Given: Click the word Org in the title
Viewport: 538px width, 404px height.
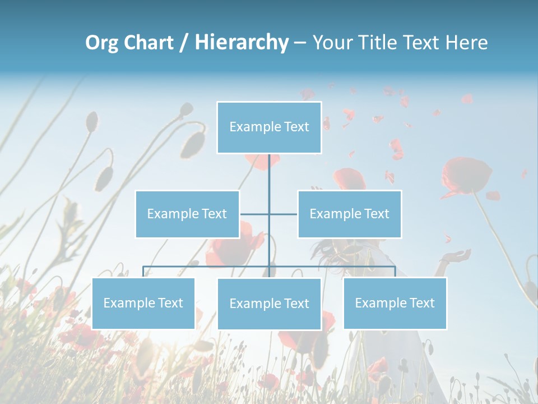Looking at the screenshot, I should (x=102, y=43).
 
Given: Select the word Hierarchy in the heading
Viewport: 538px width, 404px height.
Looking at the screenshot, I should (x=242, y=43).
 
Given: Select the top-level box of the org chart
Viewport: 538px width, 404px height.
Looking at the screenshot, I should (x=269, y=127).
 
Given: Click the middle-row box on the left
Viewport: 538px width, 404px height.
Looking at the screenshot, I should (x=187, y=214).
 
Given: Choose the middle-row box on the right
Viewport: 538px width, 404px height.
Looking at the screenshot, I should (x=349, y=214).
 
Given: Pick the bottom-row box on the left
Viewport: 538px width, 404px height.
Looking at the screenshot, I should (x=143, y=303).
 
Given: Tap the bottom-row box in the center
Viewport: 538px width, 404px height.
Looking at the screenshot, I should (x=269, y=304).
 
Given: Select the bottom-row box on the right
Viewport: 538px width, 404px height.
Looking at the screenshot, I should (x=395, y=303).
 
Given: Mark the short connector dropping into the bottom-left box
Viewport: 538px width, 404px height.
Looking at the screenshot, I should (x=143, y=272).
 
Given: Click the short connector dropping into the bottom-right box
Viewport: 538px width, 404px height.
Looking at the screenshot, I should (x=395, y=272).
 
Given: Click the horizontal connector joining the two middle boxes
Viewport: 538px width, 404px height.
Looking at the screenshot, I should (x=255, y=214).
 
